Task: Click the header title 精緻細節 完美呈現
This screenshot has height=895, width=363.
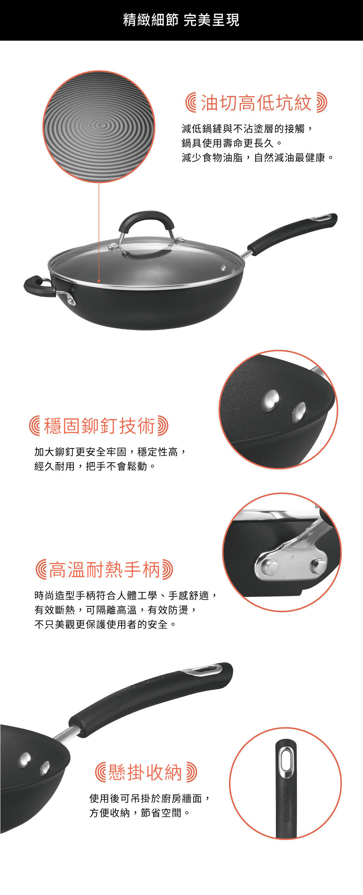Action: (x=181, y=20)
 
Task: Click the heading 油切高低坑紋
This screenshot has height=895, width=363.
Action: (x=256, y=103)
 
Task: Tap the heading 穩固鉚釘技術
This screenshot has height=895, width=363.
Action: (x=99, y=426)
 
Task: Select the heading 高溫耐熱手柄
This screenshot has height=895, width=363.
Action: (x=105, y=570)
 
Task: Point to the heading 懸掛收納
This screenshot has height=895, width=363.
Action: (x=145, y=772)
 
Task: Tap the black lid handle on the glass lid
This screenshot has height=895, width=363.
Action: (x=146, y=219)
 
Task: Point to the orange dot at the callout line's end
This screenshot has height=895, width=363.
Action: (x=99, y=281)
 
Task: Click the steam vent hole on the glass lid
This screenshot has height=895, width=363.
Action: (x=223, y=268)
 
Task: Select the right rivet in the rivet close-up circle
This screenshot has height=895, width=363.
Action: (x=299, y=413)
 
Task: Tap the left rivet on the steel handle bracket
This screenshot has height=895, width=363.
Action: (x=269, y=567)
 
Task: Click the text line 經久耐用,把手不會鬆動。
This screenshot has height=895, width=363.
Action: (x=95, y=466)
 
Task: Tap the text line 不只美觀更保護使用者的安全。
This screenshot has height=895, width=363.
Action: (x=105, y=624)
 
